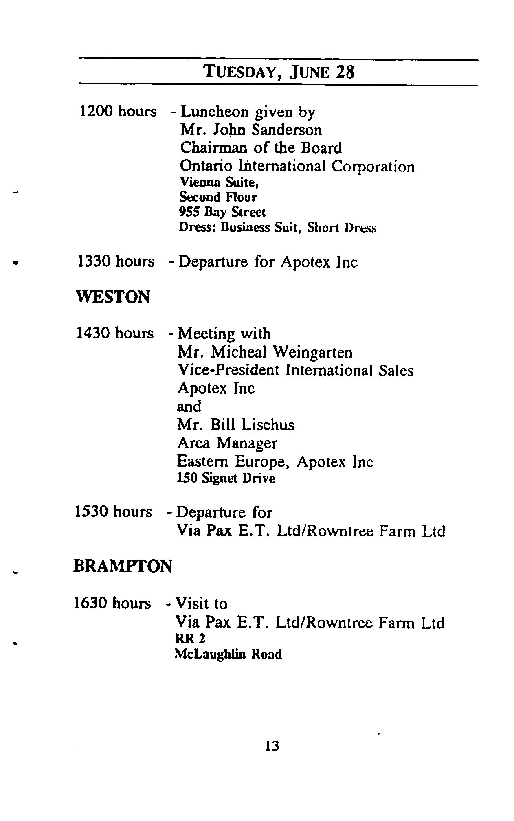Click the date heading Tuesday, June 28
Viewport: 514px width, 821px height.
pyautogui.click(x=279, y=72)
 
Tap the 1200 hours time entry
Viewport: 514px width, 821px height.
pyautogui.click(x=117, y=111)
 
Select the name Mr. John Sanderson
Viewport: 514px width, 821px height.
pyautogui.click(x=251, y=130)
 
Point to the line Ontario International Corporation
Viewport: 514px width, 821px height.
pyautogui.click(x=297, y=166)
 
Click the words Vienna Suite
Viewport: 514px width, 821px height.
pyautogui.click(x=219, y=183)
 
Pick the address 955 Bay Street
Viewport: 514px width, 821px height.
pyautogui.click(x=222, y=212)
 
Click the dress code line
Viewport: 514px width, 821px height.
pyautogui.click(x=277, y=227)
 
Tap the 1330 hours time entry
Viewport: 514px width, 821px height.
pyautogui.click(x=116, y=261)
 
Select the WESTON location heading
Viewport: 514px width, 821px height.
pyautogui.click(x=113, y=297)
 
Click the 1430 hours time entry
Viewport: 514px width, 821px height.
pyautogui.click(x=115, y=333)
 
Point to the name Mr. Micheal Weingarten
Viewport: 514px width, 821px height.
pyautogui.click(x=265, y=352)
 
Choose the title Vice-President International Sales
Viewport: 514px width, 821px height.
pyautogui.click(x=295, y=370)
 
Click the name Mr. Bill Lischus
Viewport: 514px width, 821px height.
pyautogui.click(x=235, y=425)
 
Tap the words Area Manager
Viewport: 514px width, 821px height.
pyautogui.click(x=227, y=443)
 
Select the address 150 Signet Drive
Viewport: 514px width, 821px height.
pyautogui.click(x=226, y=478)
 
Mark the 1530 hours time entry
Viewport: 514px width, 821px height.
pyautogui.click(x=113, y=511)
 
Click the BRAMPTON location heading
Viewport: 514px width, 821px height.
pyautogui.click(x=123, y=566)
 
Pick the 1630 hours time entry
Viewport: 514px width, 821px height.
pyautogui.click(x=112, y=603)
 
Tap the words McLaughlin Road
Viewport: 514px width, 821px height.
pyautogui.click(x=228, y=654)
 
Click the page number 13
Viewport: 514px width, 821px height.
pyautogui.click(x=272, y=746)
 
